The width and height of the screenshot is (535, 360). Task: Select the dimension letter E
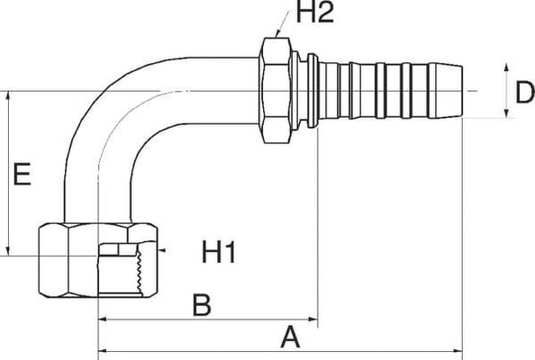click(23, 174)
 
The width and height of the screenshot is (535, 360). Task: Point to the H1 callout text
click(218, 256)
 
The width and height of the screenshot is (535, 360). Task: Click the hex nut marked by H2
click(274, 90)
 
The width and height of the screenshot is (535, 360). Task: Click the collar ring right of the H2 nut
click(309, 90)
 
